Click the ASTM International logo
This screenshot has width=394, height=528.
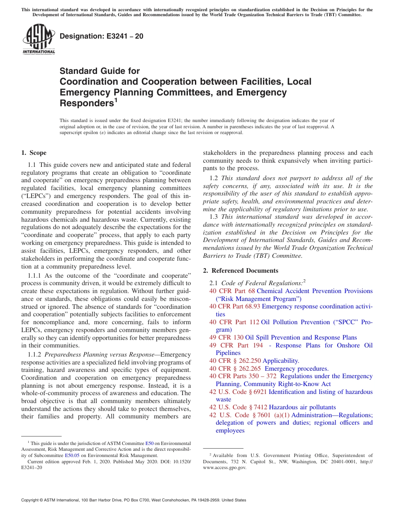39,39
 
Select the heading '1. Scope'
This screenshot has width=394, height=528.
34,153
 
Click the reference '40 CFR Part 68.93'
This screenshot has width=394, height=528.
235,306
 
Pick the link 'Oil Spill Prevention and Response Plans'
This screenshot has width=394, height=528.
301,337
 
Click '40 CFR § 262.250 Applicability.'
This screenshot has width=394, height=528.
254,361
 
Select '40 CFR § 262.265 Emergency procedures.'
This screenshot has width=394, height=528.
269,369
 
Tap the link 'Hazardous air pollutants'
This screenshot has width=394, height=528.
302,407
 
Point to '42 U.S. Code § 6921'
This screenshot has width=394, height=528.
238,392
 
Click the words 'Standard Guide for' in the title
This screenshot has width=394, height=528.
100,71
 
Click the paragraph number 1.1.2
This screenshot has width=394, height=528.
35,354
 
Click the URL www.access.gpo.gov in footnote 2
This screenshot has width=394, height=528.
224,467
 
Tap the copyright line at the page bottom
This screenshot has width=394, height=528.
134,500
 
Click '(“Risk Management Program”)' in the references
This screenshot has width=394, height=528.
258,299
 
